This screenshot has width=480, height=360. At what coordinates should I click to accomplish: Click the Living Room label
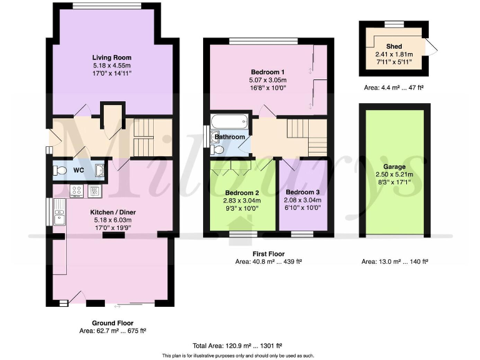click(x=112, y=56)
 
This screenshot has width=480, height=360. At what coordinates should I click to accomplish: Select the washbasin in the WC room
click(x=99, y=169)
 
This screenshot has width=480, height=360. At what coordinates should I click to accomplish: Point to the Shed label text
click(x=394, y=46)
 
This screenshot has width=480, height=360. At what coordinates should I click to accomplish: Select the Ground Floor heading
click(x=111, y=324)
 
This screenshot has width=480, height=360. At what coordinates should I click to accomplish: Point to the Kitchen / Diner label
click(x=113, y=212)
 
